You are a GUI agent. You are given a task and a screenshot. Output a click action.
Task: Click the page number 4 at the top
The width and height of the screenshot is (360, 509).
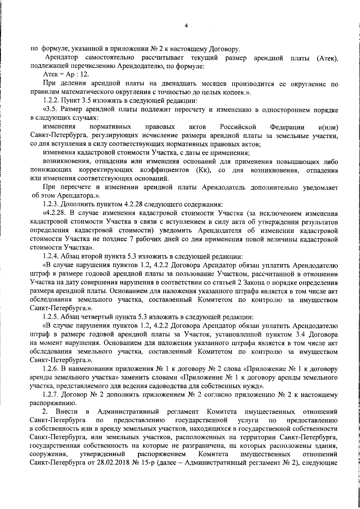pos(186,26)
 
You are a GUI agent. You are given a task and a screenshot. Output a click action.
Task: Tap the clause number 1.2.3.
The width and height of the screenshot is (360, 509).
pos(51,205)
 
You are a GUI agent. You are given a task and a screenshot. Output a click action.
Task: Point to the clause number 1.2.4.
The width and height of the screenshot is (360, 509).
pos(51,257)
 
